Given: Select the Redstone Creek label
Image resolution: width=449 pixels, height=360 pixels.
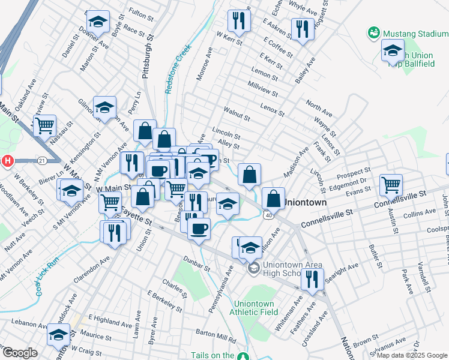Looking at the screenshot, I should pos(178,68).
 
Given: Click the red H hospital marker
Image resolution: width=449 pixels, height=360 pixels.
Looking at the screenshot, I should pos(8,161).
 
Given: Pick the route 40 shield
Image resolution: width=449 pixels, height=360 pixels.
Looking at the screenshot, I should pos(267,215).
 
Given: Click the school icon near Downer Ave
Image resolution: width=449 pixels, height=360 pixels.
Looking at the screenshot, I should pos(98,22).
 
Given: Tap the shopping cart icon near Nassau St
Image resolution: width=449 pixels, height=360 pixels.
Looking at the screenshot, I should pos(44,126).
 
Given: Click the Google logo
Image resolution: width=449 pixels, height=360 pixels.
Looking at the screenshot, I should pos(20,353).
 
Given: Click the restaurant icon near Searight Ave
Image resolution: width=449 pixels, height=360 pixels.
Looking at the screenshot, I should pos(312,279).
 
